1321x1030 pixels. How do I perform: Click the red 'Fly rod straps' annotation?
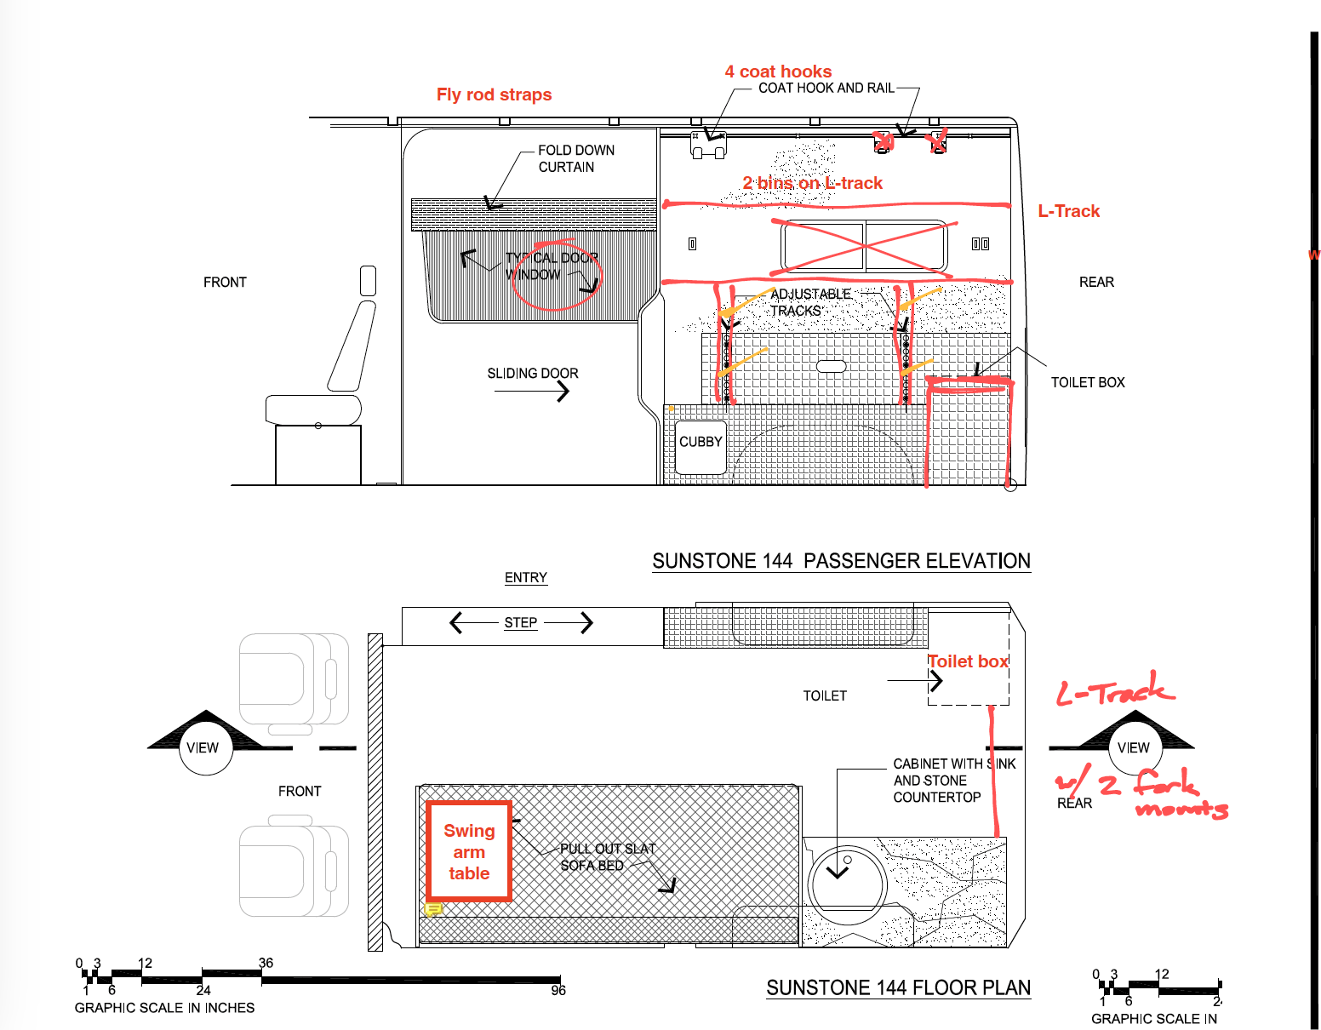click(x=494, y=94)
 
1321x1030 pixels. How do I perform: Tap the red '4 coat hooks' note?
click(x=778, y=72)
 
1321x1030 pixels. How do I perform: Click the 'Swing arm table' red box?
click(x=469, y=851)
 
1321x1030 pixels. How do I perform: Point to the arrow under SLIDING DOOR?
click(x=532, y=392)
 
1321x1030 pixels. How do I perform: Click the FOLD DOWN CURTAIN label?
click(x=576, y=158)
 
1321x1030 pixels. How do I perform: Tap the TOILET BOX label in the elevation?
click(x=1087, y=382)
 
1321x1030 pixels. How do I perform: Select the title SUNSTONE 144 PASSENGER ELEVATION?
click(x=841, y=561)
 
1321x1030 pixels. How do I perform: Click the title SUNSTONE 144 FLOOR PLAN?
click(x=898, y=987)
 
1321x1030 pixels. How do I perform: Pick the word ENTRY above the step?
click(x=526, y=577)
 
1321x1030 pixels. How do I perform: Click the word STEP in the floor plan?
click(x=520, y=623)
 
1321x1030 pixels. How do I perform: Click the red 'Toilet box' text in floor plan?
click(x=968, y=661)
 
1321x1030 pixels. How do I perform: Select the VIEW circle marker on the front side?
click(x=204, y=747)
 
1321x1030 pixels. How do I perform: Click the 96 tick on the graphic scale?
click(x=558, y=990)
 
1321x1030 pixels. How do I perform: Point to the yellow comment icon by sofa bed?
click(x=433, y=909)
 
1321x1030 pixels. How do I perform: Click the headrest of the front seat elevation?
click(x=368, y=281)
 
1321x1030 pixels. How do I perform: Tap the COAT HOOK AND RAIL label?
click(x=826, y=88)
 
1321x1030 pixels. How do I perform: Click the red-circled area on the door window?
click(x=556, y=279)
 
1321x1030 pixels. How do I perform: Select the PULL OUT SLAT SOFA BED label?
click(x=608, y=857)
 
